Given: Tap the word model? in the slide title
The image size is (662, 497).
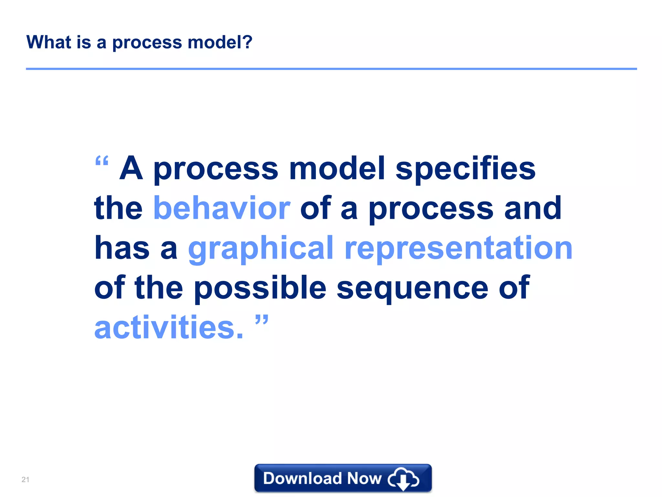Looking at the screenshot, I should coord(220,42).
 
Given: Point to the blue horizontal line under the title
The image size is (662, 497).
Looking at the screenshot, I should coord(331,69).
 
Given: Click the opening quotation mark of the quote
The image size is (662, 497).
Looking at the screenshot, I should coord(102,161).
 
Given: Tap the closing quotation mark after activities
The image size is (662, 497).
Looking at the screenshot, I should coord(262,320).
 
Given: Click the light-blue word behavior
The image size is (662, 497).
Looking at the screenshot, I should coord(222,208).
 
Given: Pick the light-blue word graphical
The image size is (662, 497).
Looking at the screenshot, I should coord(261,248).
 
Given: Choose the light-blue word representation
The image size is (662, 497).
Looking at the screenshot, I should coord(458,248).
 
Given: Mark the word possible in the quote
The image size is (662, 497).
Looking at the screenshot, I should coord(260,288).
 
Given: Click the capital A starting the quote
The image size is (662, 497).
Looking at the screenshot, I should coord(131,168).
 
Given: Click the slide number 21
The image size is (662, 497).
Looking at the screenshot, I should coord(25,480).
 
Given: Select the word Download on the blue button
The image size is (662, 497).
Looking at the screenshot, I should coord(302,478).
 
